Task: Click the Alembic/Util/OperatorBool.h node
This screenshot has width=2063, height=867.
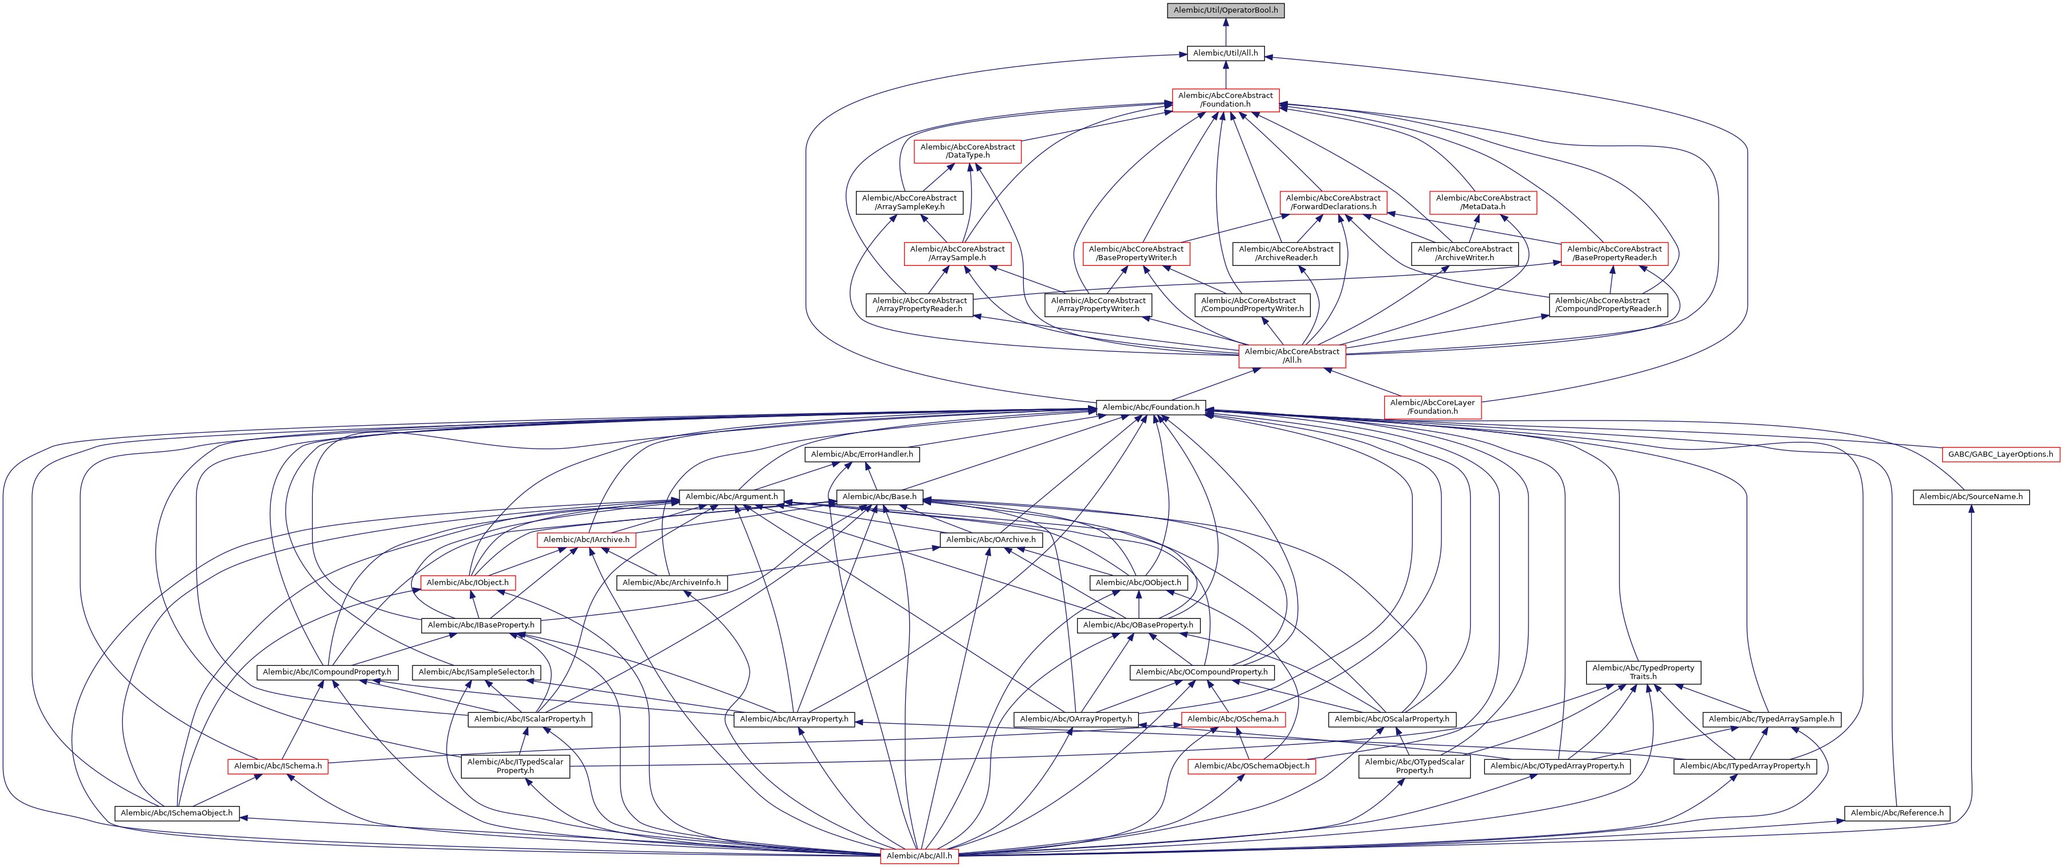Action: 1225,10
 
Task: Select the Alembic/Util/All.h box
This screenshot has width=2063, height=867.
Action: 1225,53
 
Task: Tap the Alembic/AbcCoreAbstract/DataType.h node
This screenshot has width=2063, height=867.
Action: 968,151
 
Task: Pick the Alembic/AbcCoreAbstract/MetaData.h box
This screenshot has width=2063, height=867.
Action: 1483,202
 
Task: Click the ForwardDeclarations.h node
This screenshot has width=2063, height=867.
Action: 1333,202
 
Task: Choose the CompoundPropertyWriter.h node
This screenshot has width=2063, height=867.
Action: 1252,304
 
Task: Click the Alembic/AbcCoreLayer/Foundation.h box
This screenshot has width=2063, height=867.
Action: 1432,407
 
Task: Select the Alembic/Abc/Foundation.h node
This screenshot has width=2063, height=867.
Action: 1151,407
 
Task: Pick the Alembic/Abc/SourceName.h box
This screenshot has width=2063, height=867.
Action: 1971,497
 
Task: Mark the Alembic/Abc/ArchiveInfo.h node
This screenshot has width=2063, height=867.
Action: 671,583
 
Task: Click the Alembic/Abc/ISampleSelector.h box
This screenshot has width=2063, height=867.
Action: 477,672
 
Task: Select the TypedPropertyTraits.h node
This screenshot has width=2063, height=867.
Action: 1643,672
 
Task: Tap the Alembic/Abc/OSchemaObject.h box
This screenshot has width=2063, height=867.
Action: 1252,766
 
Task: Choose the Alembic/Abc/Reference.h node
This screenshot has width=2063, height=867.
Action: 1897,813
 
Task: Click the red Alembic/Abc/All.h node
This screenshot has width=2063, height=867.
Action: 919,856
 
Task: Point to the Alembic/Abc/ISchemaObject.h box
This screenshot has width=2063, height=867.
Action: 176,813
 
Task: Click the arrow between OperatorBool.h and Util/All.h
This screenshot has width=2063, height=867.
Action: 1225,32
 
